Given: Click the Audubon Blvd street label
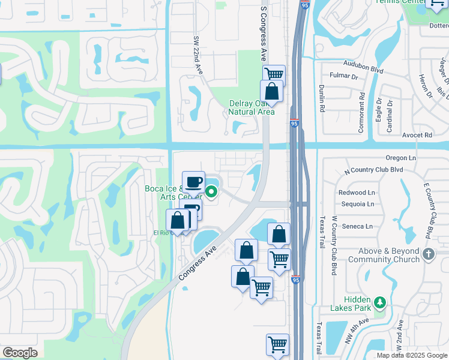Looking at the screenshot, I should [363, 65].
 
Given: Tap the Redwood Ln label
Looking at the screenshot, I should [357, 193].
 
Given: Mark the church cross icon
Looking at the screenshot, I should [427, 254].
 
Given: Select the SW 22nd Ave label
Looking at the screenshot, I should [196, 54].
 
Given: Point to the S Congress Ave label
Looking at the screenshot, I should [263, 34].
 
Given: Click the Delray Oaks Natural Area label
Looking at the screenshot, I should [252, 107].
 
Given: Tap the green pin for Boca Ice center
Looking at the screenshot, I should [211, 192].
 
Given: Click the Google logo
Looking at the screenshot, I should [20, 353].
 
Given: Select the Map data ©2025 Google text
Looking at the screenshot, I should [412, 355].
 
